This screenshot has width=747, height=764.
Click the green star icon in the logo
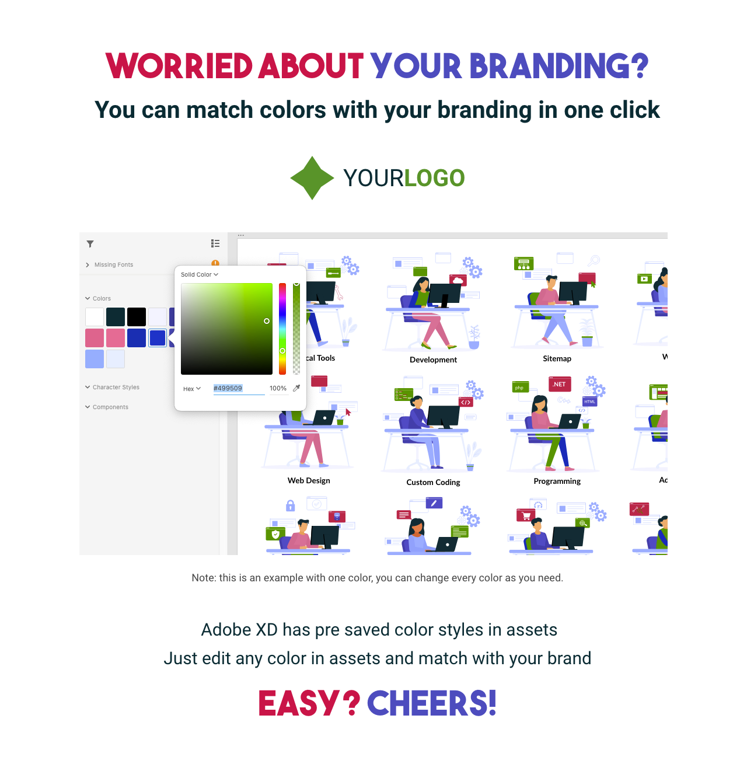[x=312, y=178]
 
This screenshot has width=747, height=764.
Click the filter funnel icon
[x=90, y=244]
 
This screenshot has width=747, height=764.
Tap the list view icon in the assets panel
[x=215, y=243]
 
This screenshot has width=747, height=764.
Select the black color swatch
[x=137, y=317]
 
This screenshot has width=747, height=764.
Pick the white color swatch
[x=95, y=317]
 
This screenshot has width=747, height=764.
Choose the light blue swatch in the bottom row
[x=95, y=359]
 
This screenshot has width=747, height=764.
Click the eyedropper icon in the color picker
[x=296, y=388]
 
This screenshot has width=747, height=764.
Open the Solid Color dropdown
[x=200, y=274]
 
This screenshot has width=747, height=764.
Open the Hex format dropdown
[x=192, y=389]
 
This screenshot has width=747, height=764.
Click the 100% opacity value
[x=278, y=388]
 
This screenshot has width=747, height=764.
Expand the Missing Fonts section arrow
[x=88, y=265]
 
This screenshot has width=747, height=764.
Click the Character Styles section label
[x=116, y=387]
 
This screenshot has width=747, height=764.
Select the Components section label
[x=110, y=407]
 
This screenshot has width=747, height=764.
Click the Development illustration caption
[x=433, y=360]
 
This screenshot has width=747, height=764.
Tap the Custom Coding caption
[x=433, y=482]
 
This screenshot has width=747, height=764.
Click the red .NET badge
[x=560, y=384]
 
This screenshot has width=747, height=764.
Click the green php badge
[x=519, y=388]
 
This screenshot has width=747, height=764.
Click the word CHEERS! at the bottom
[x=432, y=703]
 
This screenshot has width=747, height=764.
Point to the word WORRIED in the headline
[x=179, y=66]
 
